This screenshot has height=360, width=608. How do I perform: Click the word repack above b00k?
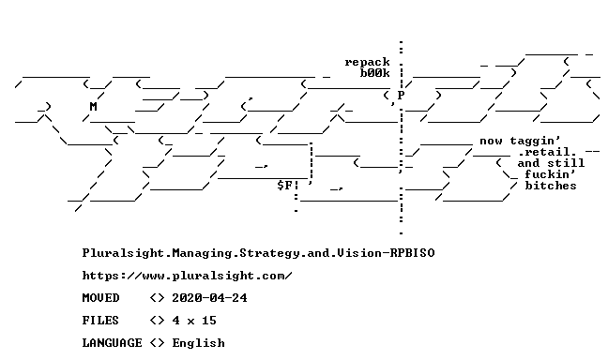[367, 63]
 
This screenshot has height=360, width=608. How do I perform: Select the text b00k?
[374, 73]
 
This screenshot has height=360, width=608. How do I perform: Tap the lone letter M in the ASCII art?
[93, 107]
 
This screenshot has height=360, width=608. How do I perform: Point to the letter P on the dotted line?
[401, 96]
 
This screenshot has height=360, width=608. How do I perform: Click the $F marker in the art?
[284, 186]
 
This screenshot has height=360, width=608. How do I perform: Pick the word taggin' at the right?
[535, 141]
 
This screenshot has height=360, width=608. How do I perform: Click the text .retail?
[547, 152]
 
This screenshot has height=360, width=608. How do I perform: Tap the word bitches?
[551, 186]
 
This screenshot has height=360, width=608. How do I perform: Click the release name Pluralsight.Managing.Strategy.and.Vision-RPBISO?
[258, 253]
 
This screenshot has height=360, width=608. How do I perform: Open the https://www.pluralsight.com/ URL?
[187, 276]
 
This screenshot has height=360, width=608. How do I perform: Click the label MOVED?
[100, 298]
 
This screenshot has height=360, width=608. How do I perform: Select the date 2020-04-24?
[209, 298]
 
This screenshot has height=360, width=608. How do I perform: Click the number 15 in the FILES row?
[209, 321]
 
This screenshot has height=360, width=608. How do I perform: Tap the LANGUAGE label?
[112, 343]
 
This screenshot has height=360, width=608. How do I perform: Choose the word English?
[198, 343]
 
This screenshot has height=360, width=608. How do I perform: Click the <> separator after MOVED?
[157, 298]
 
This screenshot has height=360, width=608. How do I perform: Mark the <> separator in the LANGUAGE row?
[157, 343]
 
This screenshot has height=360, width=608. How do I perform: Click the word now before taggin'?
[491, 141]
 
